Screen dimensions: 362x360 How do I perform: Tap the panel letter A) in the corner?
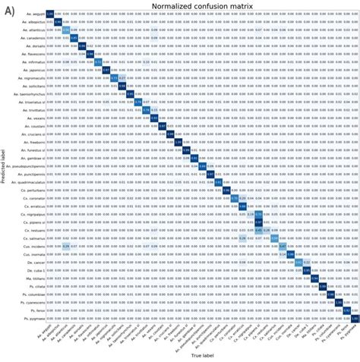coord(10,11)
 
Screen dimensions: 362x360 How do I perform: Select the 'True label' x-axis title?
coord(201,355)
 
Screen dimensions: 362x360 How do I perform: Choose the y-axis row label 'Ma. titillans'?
coord(33,278)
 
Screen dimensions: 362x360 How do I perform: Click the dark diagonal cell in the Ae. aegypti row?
coord(49,14)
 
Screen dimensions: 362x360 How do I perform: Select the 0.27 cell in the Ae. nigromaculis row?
coord(122,77)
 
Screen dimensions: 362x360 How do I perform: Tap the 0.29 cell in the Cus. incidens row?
coord(65,246)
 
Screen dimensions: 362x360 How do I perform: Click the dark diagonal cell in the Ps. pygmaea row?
coord(354,318)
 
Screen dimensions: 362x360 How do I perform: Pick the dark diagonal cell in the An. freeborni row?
coord(178,142)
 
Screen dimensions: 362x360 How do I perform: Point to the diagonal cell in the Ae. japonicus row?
coord(106,70)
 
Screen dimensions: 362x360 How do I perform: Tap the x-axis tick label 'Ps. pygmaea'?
coord(349,334)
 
